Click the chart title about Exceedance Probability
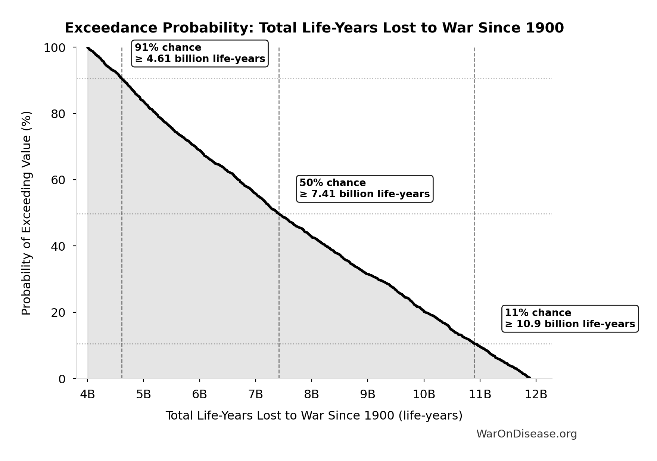click(x=314, y=28)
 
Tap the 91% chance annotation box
click(x=200, y=53)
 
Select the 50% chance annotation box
click(x=364, y=189)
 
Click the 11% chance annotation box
click(x=570, y=318)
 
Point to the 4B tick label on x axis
click(x=87, y=394)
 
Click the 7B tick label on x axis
click(x=256, y=394)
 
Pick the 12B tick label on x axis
click(x=536, y=394)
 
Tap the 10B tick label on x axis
click(x=424, y=394)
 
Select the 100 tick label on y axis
click(x=55, y=48)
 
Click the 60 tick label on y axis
click(x=58, y=180)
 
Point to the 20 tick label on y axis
click(x=58, y=312)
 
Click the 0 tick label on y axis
click(x=62, y=379)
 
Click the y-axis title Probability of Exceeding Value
click(x=27, y=213)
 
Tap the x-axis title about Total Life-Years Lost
click(x=314, y=415)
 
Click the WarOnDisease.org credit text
click(x=526, y=434)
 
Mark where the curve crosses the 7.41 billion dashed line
click(x=279, y=214)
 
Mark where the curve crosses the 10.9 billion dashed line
click(x=474, y=343)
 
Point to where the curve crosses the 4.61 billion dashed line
click(x=122, y=78)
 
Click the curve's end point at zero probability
click(x=529, y=378)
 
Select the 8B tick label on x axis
click(x=312, y=394)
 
